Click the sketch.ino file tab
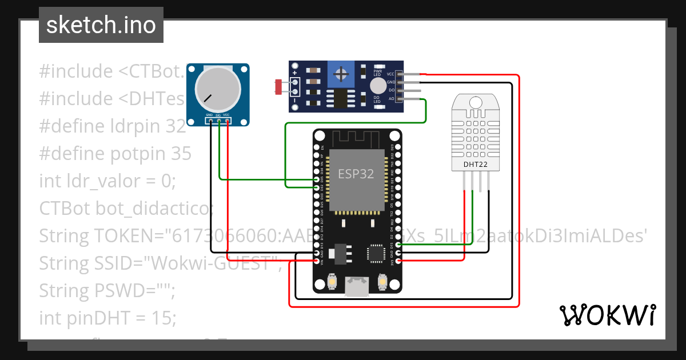pos(101,25)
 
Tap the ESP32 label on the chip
pos(356,173)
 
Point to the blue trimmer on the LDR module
pos(342,74)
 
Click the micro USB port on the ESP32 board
pos(357,286)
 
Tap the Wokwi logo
pos(607,315)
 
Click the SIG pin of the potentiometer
pos(219,121)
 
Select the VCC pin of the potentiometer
pos(228,121)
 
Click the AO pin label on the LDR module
pos(391,99)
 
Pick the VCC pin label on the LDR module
pos(390,74)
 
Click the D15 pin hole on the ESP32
pos(398,245)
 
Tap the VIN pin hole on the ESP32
pos(317,261)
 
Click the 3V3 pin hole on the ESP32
pos(398,261)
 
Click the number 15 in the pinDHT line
pos(162,318)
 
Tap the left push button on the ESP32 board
pos(332,282)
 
